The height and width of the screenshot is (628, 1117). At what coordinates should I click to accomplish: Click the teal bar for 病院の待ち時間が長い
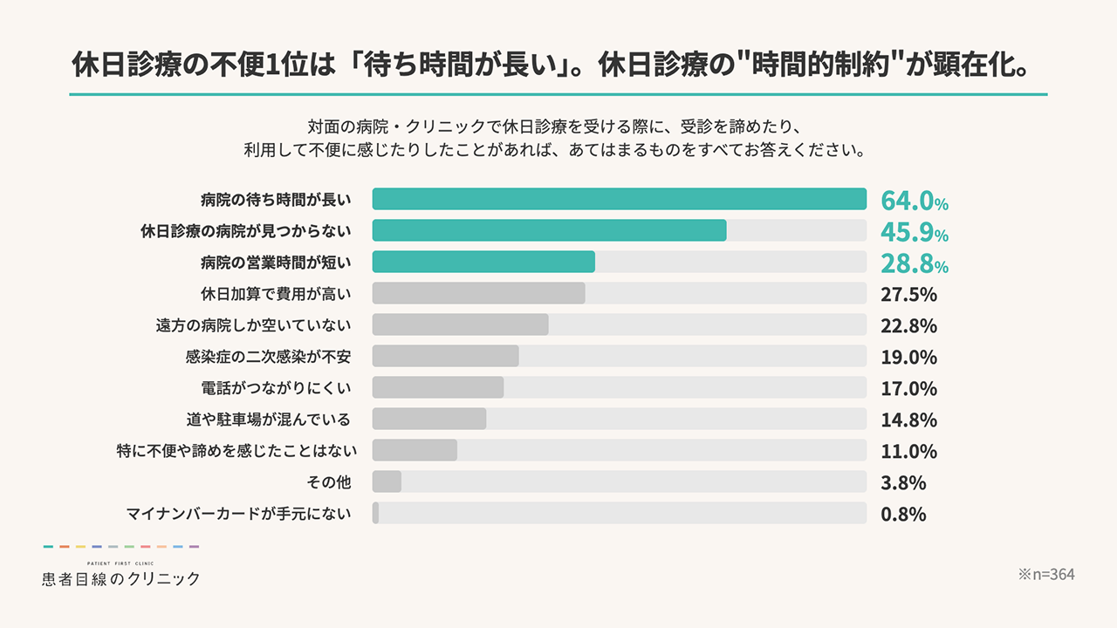(x=619, y=199)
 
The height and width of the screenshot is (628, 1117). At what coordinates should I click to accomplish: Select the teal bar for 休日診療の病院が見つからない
(x=549, y=230)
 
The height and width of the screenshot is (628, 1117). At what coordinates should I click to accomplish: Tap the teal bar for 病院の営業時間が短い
(x=483, y=262)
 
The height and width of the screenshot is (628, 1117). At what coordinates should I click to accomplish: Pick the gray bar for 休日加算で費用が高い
(x=478, y=293)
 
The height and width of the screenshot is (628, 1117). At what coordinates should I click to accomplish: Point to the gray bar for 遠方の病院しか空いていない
(x=460, y=324)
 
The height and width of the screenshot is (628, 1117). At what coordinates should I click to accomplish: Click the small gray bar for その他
(x=387, y=481)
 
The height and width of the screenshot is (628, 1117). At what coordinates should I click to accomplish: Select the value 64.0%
(x=914, y=201)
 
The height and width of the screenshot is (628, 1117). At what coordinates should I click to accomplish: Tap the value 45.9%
(x=914, y=232)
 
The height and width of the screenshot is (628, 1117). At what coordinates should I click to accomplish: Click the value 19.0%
(x=908, y=357)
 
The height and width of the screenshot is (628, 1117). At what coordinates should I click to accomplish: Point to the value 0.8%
(x=903, y=514)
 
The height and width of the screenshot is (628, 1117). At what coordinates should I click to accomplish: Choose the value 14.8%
(x=908, y=420)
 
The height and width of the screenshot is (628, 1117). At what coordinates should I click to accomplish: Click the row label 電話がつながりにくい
(x=276, y=387)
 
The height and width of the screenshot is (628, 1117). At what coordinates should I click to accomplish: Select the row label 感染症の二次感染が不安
(x=268, y=356)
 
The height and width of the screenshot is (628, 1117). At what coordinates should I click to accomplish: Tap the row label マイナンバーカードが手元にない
(x=239, y=513)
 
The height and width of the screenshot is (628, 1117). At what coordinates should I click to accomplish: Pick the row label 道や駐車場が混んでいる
(x=268, y=420)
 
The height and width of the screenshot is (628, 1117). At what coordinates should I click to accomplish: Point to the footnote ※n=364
(x=1046, y=575)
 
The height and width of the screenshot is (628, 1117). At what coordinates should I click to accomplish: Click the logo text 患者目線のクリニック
(x=120, y=578)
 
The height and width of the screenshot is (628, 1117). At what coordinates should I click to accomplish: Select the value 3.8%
(x=903, y=482)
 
